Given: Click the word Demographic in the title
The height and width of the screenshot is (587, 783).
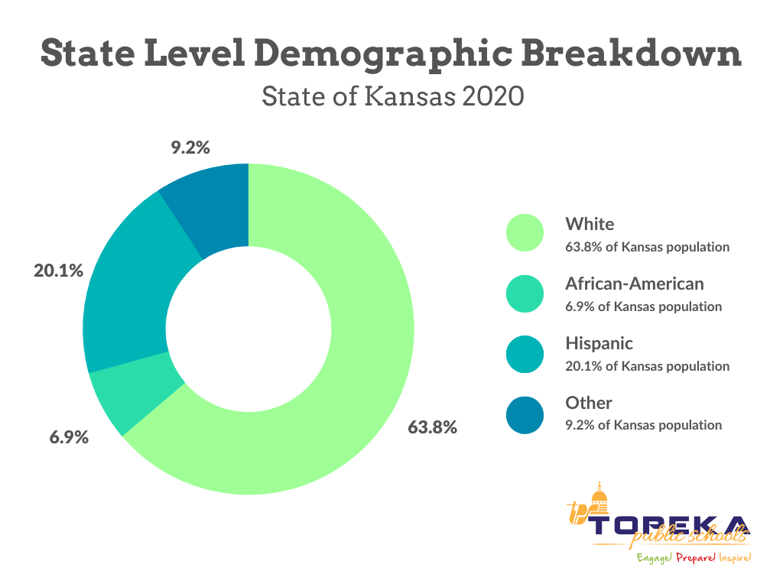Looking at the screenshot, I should pos(394,54).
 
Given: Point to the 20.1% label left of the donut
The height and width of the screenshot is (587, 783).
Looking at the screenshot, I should pos(58,270).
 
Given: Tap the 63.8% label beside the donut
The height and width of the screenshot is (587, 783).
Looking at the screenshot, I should pos(432,427).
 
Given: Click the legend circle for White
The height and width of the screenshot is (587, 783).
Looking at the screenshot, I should pos(525,233).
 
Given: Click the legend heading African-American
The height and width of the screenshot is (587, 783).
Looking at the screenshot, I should pos(634,284).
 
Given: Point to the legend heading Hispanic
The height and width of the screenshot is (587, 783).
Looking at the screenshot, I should pos(599,343).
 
